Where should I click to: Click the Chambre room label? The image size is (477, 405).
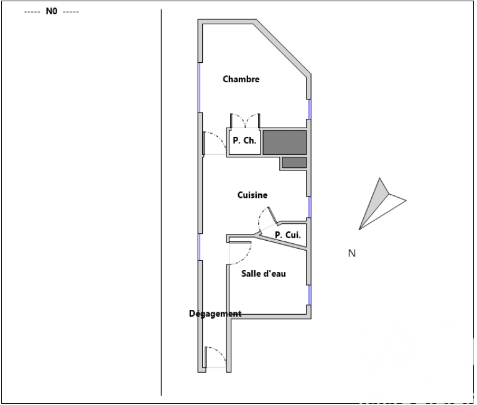[241, 79]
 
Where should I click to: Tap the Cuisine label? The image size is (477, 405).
[252, 195]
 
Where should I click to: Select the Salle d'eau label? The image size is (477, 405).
[264, 274]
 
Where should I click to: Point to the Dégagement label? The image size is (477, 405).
[215, 314]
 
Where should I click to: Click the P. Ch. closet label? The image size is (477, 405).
[244, 141]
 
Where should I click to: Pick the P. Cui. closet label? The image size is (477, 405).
[288, 235]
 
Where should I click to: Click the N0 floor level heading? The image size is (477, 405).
[52, 12]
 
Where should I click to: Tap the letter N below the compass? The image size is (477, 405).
[351, 253]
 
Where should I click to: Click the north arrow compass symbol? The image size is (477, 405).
[382, 204]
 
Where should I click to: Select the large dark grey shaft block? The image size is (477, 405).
[284, 142]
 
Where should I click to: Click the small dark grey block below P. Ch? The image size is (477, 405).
[294, 162]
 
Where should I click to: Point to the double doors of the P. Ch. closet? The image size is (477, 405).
[245, 121]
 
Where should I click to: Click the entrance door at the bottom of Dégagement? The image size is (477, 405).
[215, 357]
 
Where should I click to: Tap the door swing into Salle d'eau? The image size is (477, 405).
[240, 253]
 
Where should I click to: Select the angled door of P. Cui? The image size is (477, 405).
[267, 218]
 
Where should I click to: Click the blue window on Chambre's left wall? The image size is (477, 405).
[200, 88]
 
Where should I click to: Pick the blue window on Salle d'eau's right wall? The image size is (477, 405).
[310, 295]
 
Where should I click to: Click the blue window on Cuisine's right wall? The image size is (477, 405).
[310, 207]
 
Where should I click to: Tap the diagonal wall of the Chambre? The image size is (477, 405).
[282, 47]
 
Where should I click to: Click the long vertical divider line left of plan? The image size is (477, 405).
[161, 202]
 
